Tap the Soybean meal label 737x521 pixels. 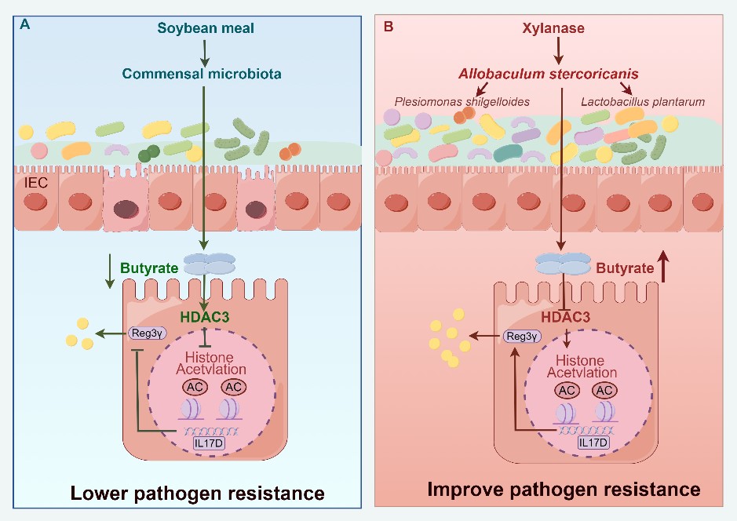tap(206, 29)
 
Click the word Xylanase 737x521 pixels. tap(559, 29)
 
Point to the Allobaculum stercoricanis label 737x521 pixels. tap(548, 74)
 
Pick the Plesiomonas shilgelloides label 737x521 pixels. tap(461, 101)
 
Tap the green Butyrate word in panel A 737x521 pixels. tap(148, 267)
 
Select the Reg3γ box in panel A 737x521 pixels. tap(148, 334)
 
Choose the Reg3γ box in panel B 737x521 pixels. tap(524, 336)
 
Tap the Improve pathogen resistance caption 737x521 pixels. tap(564, 490)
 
